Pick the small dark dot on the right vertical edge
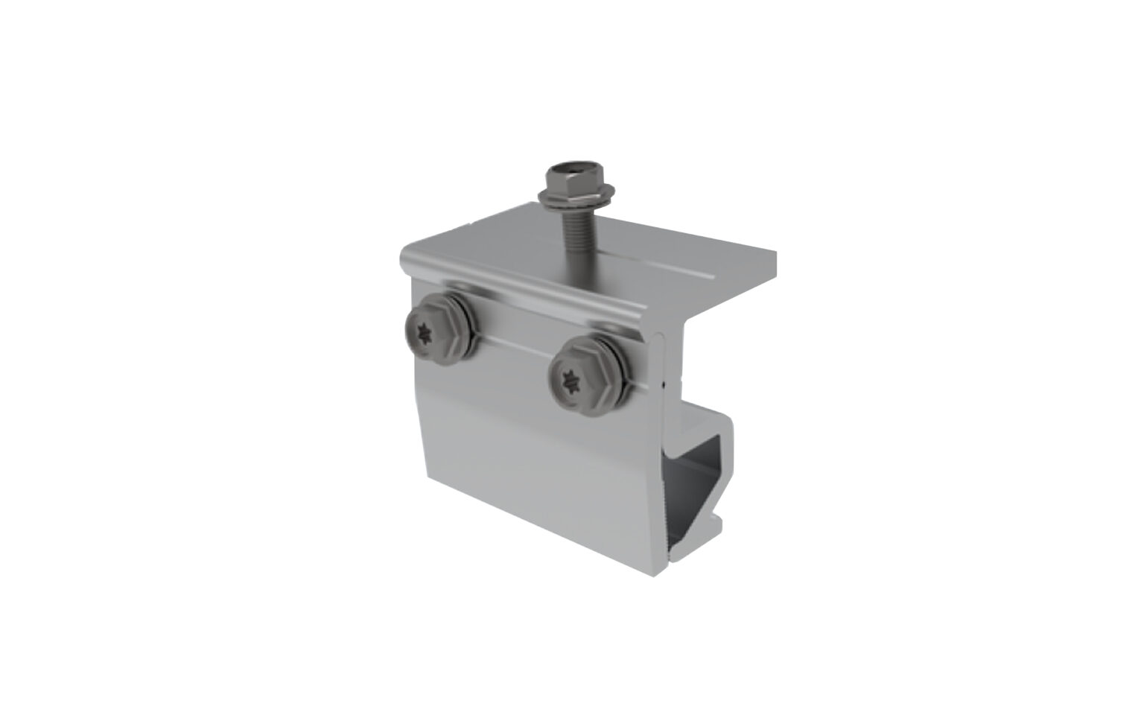pos(663,385)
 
